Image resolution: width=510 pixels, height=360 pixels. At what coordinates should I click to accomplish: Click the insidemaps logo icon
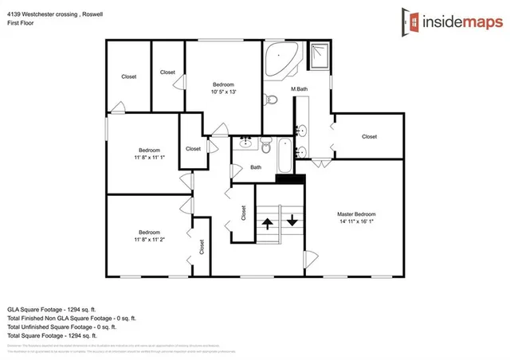click(411, 21)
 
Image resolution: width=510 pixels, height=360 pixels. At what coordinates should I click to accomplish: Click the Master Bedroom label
click(356, 214)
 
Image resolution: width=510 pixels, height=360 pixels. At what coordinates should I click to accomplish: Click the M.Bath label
click(299, 88)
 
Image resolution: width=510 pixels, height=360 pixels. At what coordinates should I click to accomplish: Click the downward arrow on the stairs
click(292, 221)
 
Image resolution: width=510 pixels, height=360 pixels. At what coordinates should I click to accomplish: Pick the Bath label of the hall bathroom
click(256, 167)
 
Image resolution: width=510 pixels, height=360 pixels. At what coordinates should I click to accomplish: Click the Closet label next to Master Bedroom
click(369, 136)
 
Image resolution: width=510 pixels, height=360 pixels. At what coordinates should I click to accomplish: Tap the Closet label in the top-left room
click(128, 76)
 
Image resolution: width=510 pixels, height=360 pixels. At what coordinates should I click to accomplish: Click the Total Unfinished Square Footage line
click(61, 327)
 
